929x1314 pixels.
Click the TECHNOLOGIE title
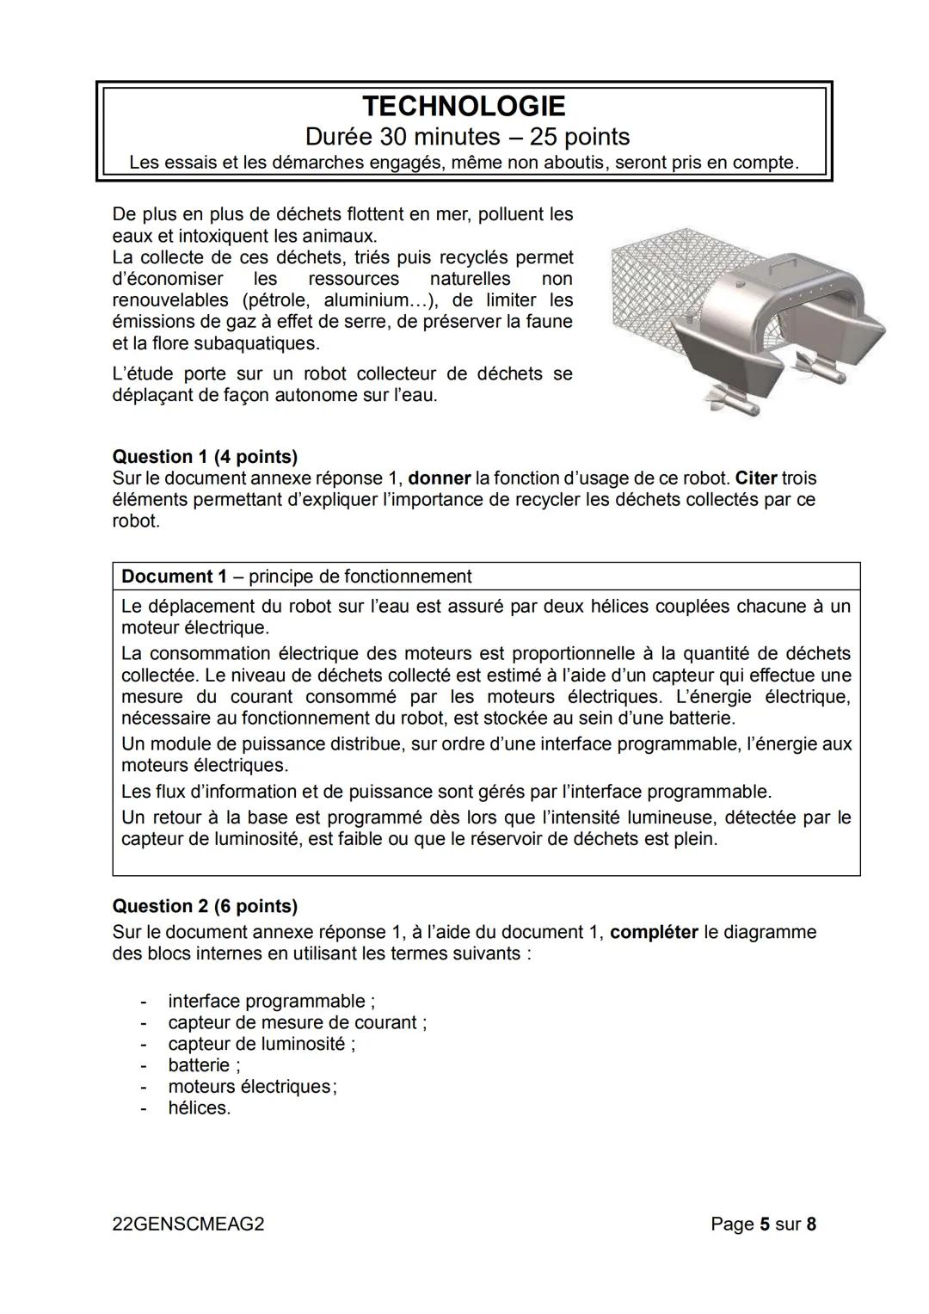(x=464, y=107)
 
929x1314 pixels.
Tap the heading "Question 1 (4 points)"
(x=205, y=457)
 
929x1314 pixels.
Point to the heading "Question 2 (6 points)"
(x=205, y=906)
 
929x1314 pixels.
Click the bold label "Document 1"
(x=167, y=577)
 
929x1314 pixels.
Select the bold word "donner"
(x=439, y=478)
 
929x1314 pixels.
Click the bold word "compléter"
(x=653, y=932)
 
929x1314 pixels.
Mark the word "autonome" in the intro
(x=311, y=396)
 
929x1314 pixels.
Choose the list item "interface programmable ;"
(x=271, y=1001)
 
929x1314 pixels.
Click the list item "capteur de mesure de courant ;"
(x=297, y=1022)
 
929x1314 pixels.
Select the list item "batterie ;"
(x=204, y=1065)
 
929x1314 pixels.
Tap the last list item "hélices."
(x=200, y=1108)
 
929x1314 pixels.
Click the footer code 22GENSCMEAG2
(x=188, y=1224)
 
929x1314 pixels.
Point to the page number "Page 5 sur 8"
(x=763, y=1224)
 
